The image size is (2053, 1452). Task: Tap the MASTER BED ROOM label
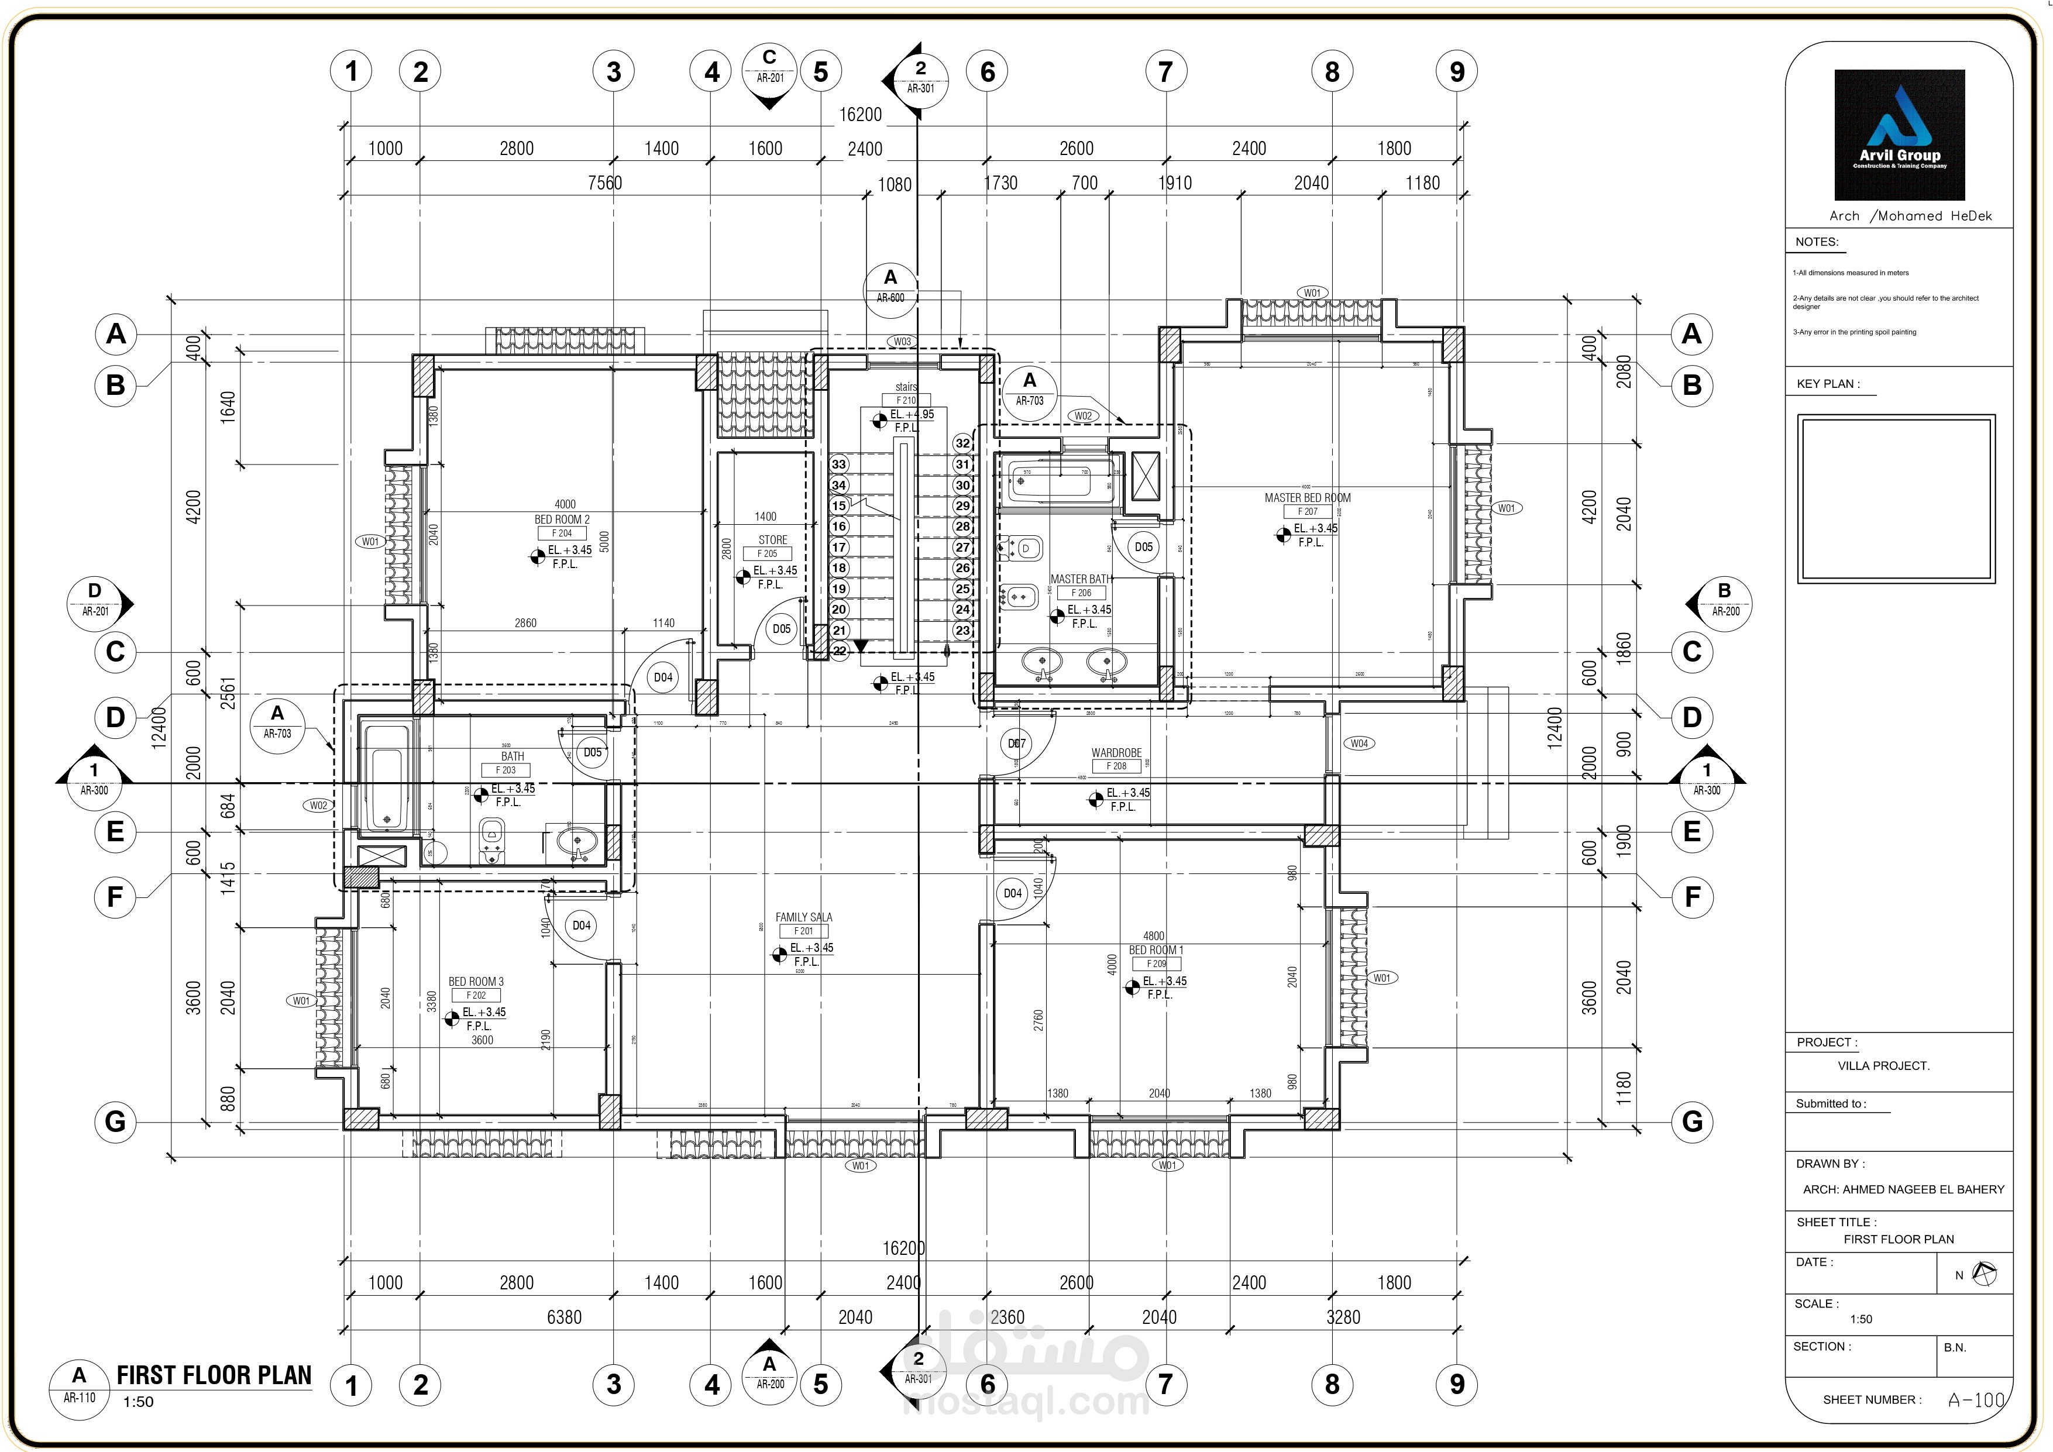tap(1307, 498)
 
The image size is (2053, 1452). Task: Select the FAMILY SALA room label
tap(803, 917)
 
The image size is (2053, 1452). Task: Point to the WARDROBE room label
tap(1116, 753)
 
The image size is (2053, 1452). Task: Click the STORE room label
tap(772, 540)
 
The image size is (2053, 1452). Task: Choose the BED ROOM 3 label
tap(476, 982)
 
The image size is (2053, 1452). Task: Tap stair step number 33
tap(839, 464)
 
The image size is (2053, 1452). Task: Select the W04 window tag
tap(1359, 743)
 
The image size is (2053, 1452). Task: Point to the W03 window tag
tap(902, 342)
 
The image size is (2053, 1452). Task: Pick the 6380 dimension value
tap(563, 1317)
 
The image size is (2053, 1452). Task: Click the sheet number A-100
tap(1976, 1400)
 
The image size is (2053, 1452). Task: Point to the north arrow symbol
tap(1984, 1274)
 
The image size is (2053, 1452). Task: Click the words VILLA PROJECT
tap(1883, 1066)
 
